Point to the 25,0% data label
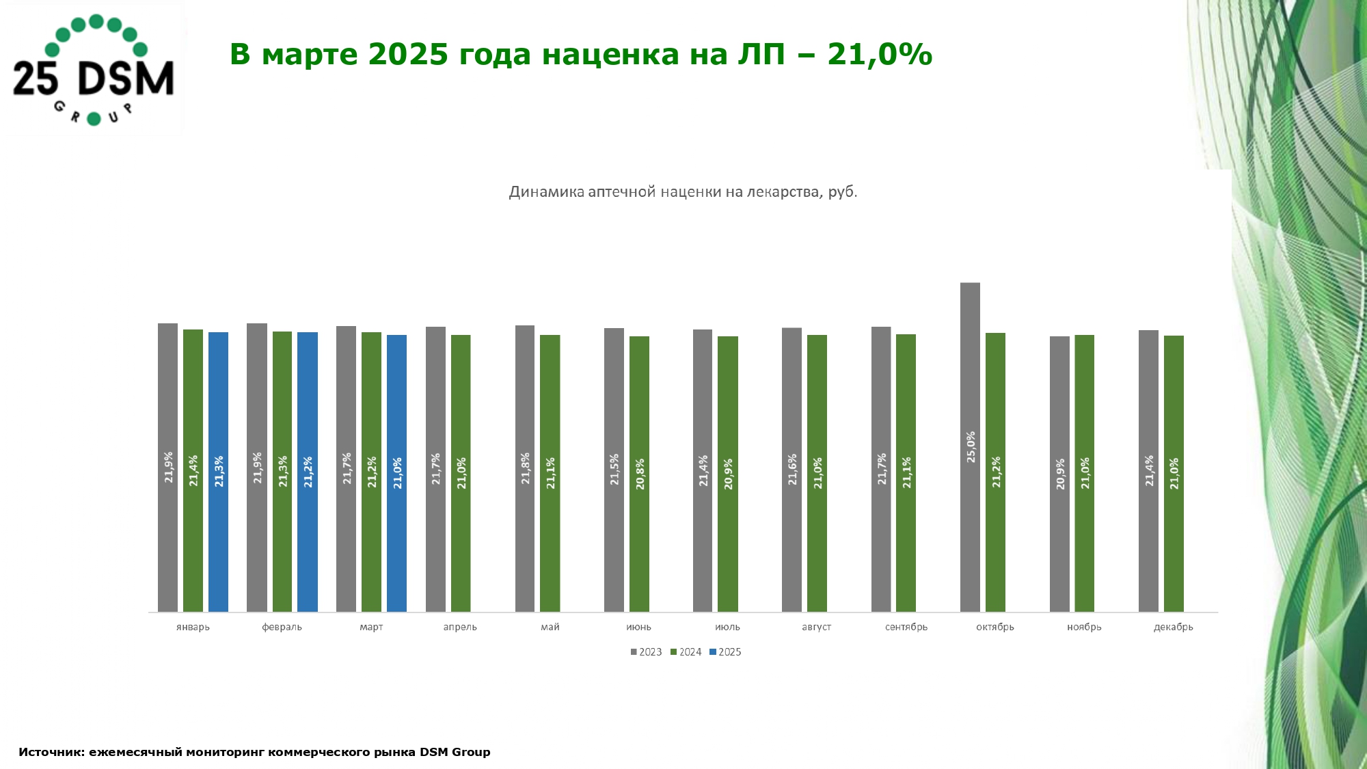(971, 447)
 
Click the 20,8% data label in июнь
(640, 474)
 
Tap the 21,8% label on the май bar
(526, 469)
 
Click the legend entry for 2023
(647, 652)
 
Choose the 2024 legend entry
(686, 652)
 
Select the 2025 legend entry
(726, 652)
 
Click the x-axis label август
(816, 627)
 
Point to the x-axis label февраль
(282, 627)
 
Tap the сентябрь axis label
(906, 627)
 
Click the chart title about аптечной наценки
(683, 192)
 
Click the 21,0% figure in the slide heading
(880, 54)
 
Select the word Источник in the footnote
(52, 752)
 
